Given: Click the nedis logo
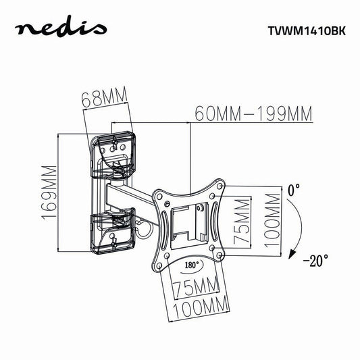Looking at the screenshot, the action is (61, 28).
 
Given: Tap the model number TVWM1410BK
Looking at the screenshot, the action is (307, 31).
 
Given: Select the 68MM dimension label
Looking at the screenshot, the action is (105, 97).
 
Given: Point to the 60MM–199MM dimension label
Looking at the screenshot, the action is (253, 113).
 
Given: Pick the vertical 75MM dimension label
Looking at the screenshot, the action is (242, 222).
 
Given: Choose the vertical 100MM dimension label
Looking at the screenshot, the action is (272, 221).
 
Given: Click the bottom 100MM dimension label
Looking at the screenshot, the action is (201, 307).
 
